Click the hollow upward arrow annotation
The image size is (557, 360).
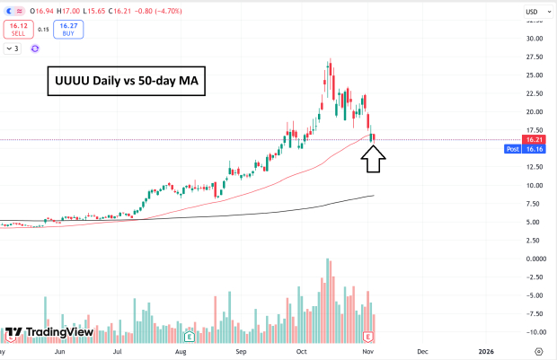(x=375, y=159)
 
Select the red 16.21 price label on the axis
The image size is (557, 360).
(x=535, y=140)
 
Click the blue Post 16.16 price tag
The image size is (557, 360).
(x=525, y=150)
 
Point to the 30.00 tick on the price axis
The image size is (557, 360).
(x=535, y=39)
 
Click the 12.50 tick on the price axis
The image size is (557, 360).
(x=535, y=167)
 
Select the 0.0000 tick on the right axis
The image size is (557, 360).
(x=535, y=259)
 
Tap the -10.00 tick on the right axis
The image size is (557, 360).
(x=535, y=332)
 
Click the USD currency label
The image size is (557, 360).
(x=531, y=11)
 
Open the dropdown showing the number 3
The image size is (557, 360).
(x=13, y=48)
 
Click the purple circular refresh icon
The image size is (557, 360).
(x=35, y=48)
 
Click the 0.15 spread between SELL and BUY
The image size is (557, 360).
(x=42, y=30)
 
